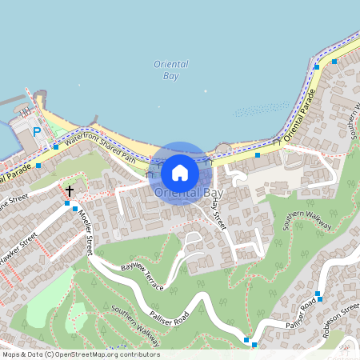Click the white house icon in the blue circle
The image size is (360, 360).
(x=180, y=172)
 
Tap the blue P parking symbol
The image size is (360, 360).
(x=37, y=132)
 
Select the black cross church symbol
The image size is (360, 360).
(x=70, y=191)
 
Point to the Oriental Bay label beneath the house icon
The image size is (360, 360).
(x=189, y=194)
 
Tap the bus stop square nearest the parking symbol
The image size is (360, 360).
(x=56, y=146)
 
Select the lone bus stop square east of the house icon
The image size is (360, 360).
(x=258, y=155)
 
